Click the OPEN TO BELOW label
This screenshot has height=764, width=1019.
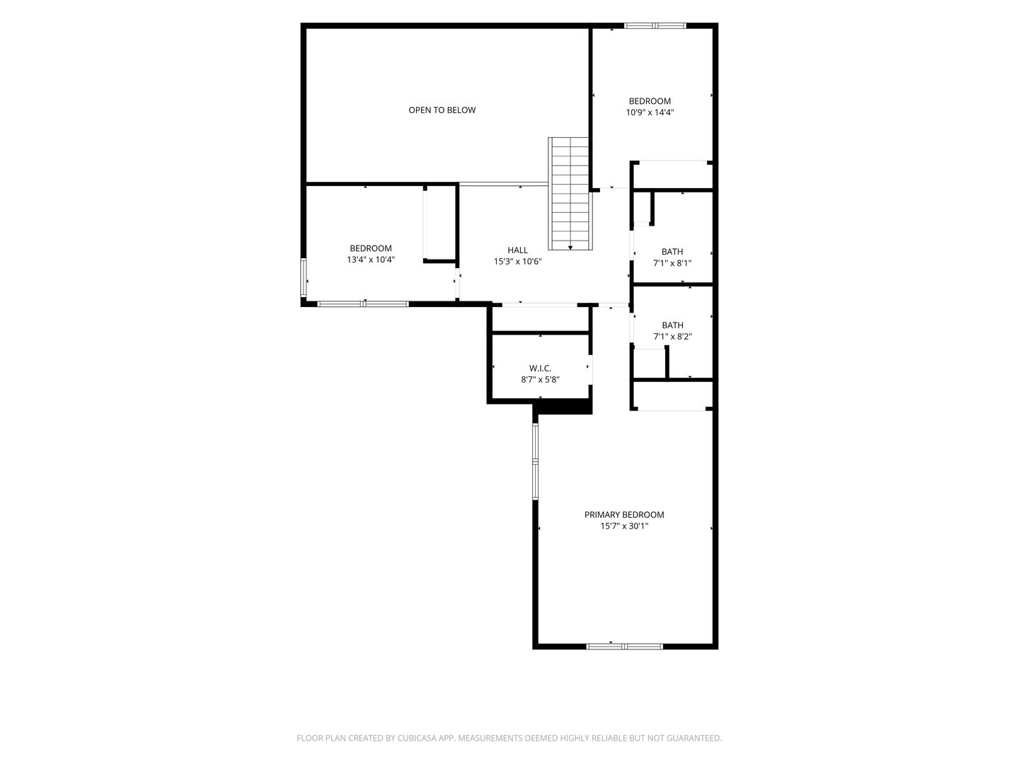click(442, 110)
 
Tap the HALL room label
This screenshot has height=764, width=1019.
click(517, 250)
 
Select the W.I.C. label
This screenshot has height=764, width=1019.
click(540, 369)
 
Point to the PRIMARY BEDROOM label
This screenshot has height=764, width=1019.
click(624, 514)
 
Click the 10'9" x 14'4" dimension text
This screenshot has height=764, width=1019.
click(650, 112)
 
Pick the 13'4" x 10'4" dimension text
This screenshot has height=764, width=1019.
click(371, 260)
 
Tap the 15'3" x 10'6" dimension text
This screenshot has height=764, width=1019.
click(517, 261)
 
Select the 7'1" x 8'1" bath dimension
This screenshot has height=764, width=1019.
click(672, 263)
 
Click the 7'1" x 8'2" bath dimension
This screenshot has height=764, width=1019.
click(672, 336)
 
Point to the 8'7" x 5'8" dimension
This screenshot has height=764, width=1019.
click(540, 379)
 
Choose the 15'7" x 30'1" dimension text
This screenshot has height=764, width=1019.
click(624, 526)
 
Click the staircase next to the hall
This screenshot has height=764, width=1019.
click(570, 193)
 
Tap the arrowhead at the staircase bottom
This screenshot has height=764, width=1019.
click(570, 248)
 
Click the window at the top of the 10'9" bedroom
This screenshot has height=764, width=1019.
click(655, 25)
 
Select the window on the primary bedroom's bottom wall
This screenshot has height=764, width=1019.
click(624, 646)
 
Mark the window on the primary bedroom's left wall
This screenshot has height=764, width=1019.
click(535, 461)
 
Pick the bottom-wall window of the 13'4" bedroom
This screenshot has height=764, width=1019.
click(362, 304)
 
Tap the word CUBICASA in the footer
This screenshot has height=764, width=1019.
click(417, 738)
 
